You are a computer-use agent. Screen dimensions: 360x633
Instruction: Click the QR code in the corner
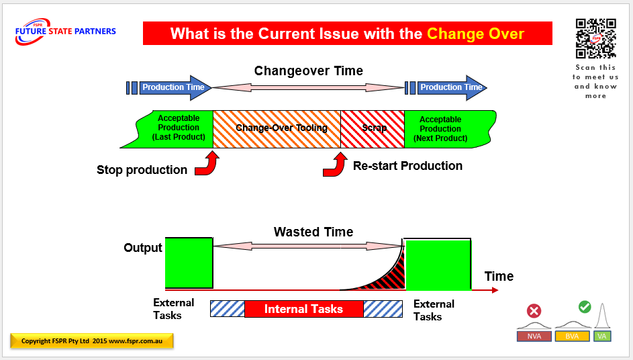(x=595, y=38)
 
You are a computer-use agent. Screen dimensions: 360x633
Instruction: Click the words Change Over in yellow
(x=475, y=34)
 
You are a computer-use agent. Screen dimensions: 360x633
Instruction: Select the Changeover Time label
(x=308, y=71)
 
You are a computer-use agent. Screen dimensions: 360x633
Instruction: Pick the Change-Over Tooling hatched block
(x=277, y=128)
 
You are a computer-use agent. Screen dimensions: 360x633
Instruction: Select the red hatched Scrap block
(x=373, y=128)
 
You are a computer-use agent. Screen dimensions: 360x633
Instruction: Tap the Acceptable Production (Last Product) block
(x=178, y=128)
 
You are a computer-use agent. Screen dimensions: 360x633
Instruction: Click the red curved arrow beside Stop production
(x=207, y=164)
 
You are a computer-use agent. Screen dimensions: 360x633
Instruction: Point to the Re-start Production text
(x=407, y=166)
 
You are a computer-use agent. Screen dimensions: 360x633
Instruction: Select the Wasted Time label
(x=313, y=232)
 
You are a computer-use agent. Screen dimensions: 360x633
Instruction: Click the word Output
(x=143, y=248)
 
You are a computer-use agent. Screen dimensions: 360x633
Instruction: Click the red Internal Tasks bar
(x=303, y=309)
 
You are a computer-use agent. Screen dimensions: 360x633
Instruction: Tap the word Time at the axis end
(x=499, y=276)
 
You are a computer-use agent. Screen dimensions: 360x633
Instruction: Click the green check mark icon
(x=585, y=307)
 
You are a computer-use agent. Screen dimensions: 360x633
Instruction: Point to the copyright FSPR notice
(x=92, y=341)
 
